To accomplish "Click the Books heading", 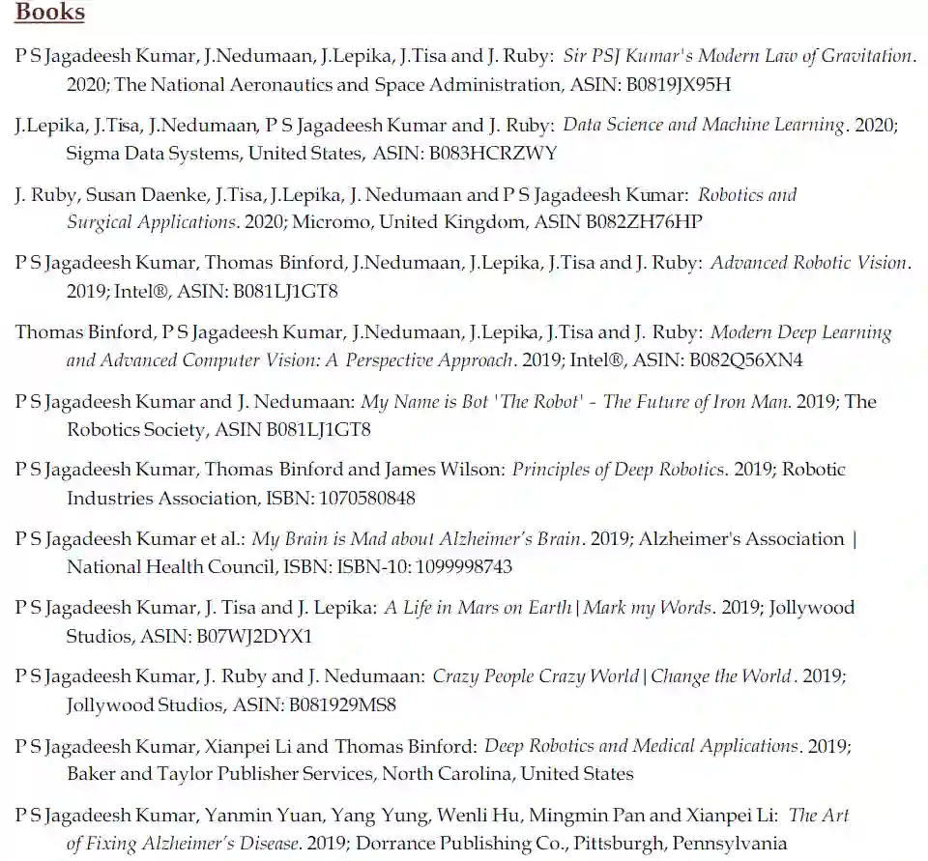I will coord(50,13).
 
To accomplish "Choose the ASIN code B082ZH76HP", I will coord(645,222).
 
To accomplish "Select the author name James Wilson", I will coord(444,470).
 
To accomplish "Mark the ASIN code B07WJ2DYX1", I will coord(254,637).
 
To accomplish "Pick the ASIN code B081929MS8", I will coord(342,705).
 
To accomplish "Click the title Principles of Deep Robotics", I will coord(618,470).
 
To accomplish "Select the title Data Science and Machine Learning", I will coord(704,125).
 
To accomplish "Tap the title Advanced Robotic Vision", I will coord(809,263).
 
